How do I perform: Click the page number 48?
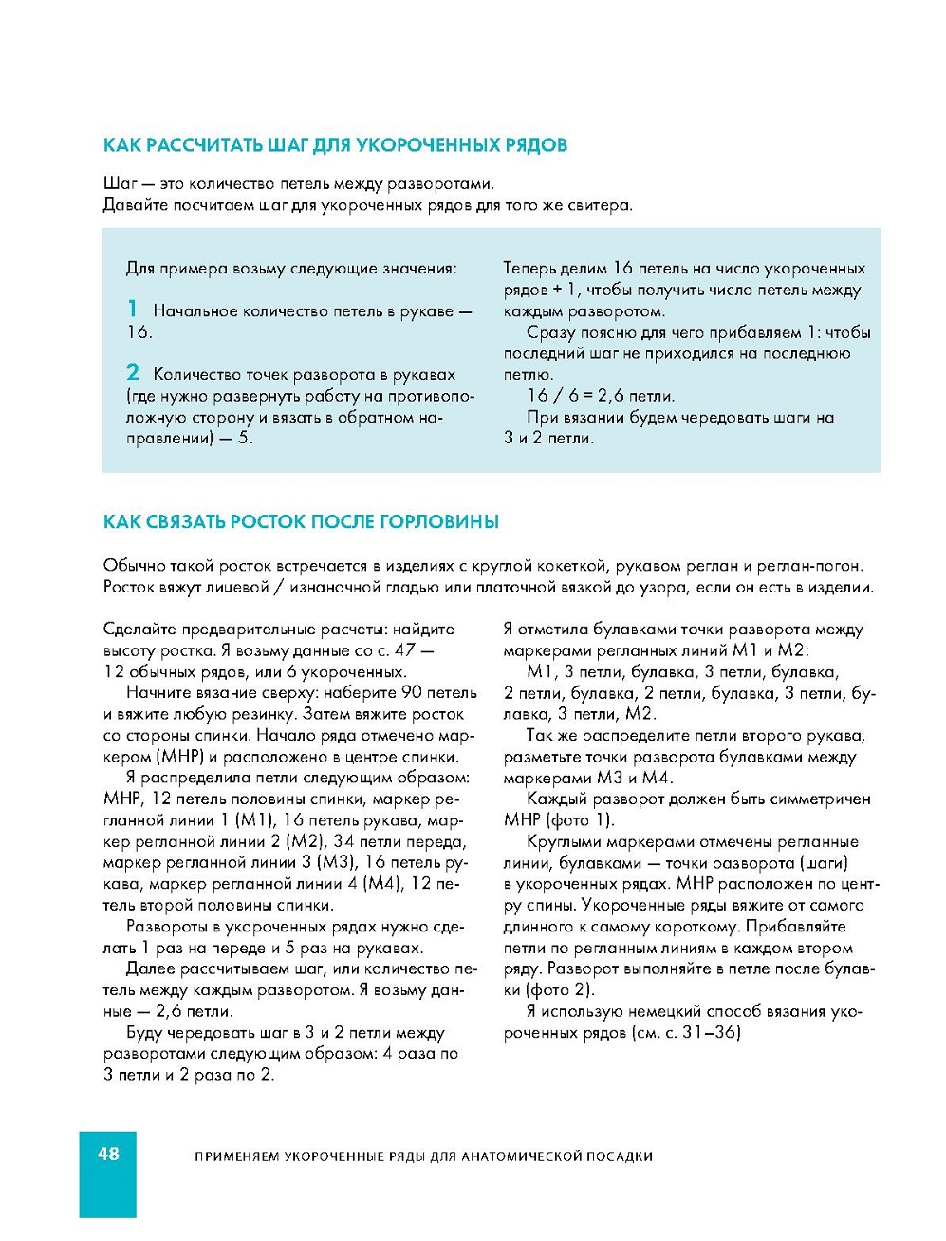click(x=108, y=1154)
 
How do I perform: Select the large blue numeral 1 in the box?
click(x=133, y=309)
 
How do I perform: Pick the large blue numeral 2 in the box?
click(x=133, y=372)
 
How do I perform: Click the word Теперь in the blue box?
click(x=530, y=269)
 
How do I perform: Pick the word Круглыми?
click(x=562, y=842)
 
